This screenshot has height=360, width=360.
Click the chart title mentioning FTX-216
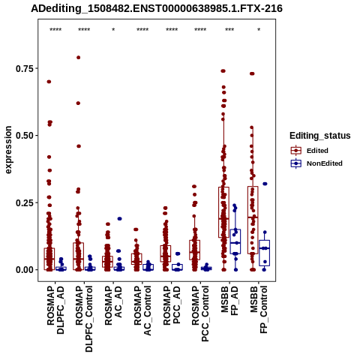pos(157,9)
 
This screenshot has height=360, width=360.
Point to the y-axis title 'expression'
pos(8,150)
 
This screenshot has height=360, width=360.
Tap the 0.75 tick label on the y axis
pos(25,68)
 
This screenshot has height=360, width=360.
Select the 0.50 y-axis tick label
pos(25,136)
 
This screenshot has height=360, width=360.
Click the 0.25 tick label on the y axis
pos(25,202)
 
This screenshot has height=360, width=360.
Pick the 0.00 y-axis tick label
pos(25,270)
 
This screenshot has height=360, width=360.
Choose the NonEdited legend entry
pos(316,163)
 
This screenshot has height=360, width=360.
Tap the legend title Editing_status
pos(320,136)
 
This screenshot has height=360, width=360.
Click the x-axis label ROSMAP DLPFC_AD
pos(55,310)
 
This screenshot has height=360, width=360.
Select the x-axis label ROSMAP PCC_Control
pos(200,313)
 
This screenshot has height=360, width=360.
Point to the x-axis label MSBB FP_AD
pos(229,301)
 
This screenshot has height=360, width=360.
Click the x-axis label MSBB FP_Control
pos(259,310)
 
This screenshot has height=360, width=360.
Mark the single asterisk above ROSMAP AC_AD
pos(113,30)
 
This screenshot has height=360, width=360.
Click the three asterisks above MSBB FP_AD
pos(229,30)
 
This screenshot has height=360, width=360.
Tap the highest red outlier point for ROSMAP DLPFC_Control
pos(78,58)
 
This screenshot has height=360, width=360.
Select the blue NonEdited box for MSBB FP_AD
pos(235,241)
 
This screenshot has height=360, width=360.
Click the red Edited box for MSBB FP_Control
pos(253,220)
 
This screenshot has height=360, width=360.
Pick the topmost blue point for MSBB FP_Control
pos(265,184)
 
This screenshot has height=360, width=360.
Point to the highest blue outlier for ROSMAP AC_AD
pos(119,219)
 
